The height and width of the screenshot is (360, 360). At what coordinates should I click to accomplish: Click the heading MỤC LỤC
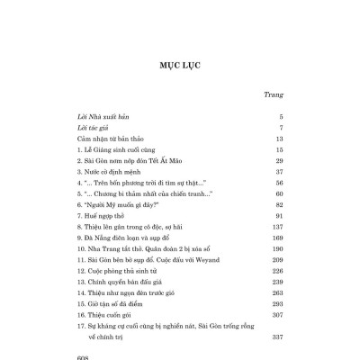pyautogui.click(x=180, y=66)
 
